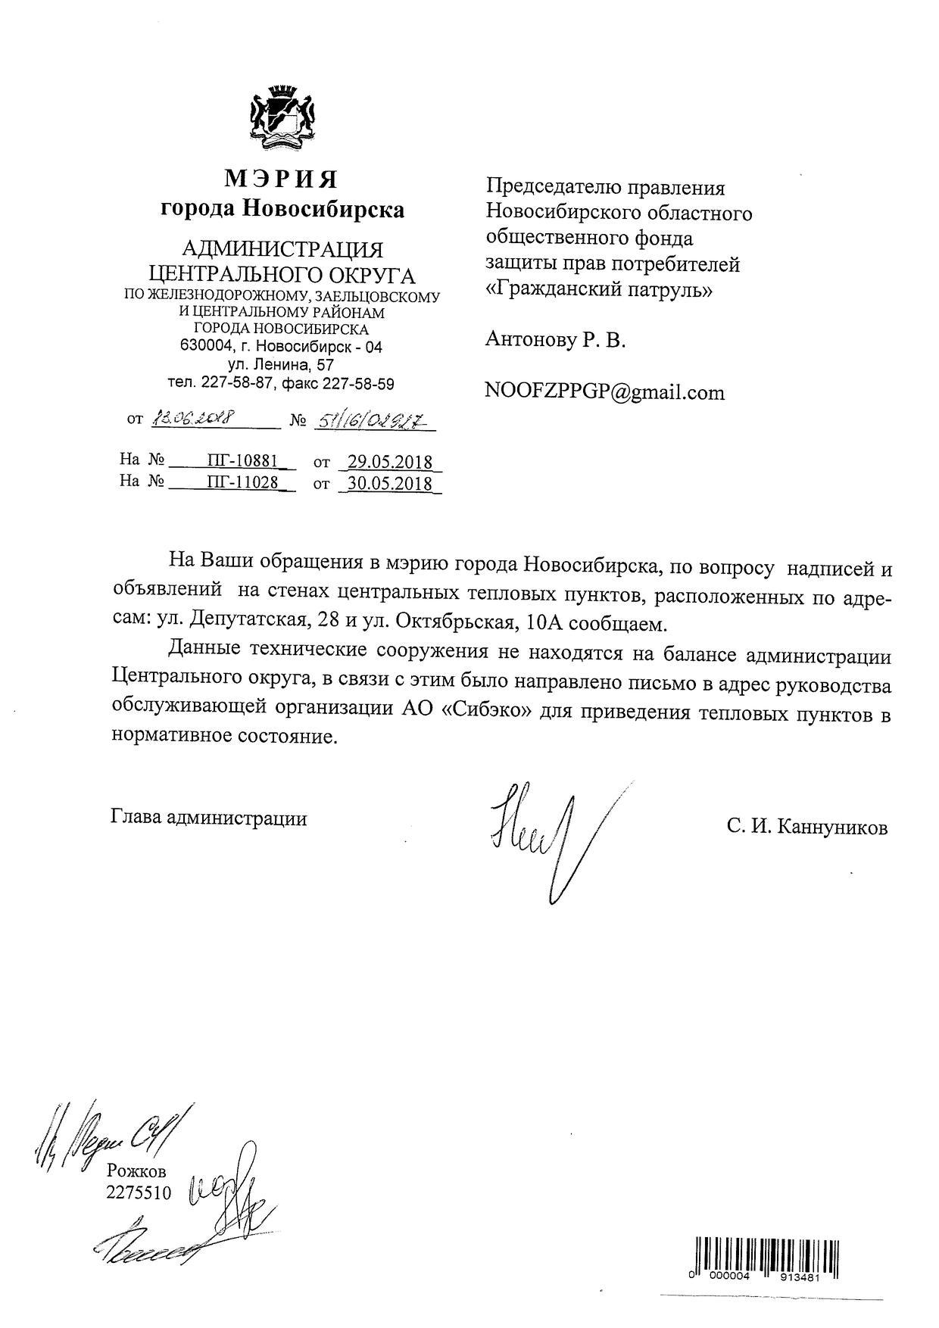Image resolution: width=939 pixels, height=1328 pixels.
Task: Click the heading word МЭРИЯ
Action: [281, 179]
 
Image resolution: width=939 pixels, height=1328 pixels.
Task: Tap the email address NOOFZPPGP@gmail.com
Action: [604, 392]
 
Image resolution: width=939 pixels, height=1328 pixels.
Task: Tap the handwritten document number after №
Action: [370, 418]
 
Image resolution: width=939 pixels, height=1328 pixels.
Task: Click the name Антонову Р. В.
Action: [555, 341]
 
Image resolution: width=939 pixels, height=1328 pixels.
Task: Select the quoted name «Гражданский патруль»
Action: [598, 290]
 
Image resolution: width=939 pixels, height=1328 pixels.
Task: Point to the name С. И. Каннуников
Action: [807, 828]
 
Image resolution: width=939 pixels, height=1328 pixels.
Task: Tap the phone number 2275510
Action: [139, 1193]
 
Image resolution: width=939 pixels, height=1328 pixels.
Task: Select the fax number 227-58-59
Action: [358, 384]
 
